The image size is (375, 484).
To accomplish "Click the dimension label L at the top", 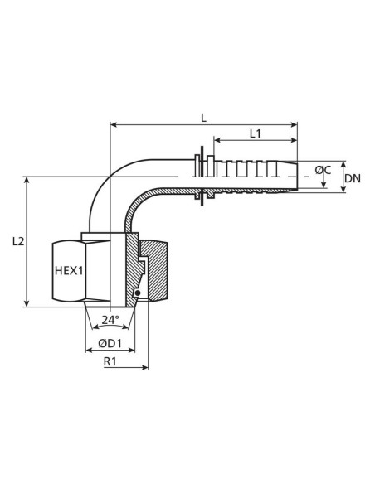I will point(203,117).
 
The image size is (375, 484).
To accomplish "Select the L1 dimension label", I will point(255,133).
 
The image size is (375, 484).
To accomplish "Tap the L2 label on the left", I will point(19,241).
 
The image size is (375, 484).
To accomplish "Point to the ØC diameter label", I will point(324,171).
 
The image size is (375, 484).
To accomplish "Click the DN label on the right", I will point(353,178).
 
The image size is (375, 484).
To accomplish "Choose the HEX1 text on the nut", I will point(69,270).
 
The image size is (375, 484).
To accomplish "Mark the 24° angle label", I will point(110,319).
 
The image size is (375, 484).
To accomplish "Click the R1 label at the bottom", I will point(110,362).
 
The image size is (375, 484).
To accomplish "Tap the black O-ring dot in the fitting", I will point(136,293).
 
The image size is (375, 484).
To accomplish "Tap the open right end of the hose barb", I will point(295,177).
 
